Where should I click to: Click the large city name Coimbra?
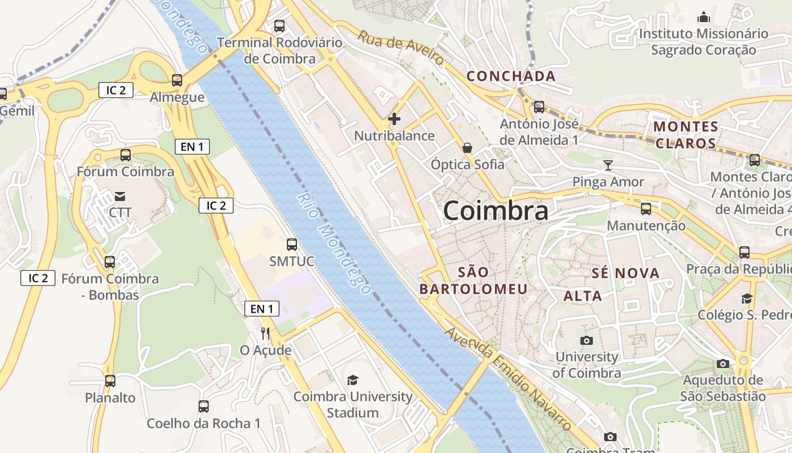tap(496, 211)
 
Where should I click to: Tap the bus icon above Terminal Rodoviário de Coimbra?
tap(279, 25)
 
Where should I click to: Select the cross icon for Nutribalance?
tap(394, 119)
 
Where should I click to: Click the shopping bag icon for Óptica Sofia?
tap(467, 148)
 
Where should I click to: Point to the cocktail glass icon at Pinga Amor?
tap(608, 165)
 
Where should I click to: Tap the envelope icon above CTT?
tap(120, 196)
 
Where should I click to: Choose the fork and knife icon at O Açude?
tap(265, 333)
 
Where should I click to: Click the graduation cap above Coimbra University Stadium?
tap(352, 380)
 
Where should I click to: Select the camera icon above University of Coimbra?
tap(587, 340)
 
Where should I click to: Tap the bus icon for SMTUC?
tap(292, 245)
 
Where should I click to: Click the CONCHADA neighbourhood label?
tap(511, 76)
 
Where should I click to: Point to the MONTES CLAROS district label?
tap(686, 135)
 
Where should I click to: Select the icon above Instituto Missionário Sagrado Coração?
tap(704, 17)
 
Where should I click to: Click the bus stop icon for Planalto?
tap(110, 381)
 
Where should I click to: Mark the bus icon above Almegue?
tap(177, 80)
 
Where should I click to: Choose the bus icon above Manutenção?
tap(646, 209)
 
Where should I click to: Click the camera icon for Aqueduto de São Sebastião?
tap(723, 364)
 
